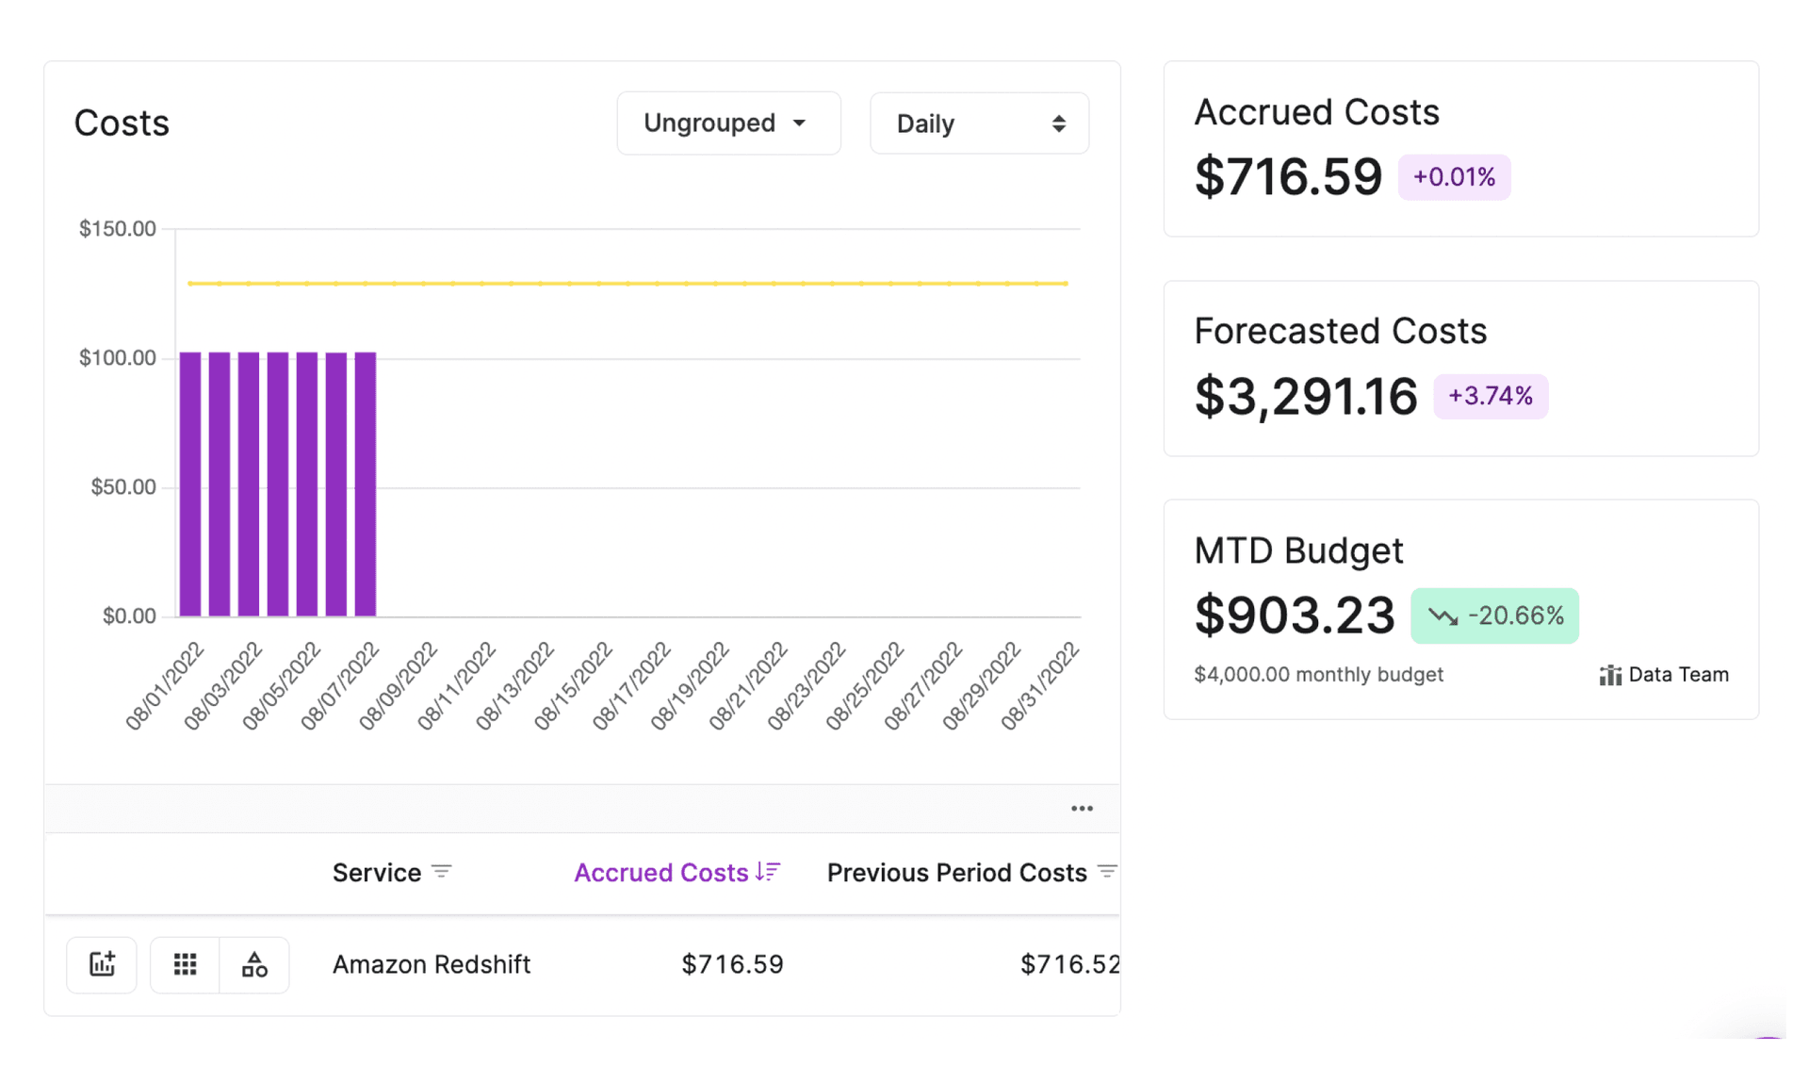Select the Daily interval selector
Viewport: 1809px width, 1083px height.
click(x=979, y=123)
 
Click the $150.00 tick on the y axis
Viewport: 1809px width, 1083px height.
click(x=118, y=229)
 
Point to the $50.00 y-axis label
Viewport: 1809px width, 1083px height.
click(x=123, y=487)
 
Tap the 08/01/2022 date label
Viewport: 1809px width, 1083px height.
click(x=166, y=684)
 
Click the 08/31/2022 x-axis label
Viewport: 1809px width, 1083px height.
click(x=1040, y=684)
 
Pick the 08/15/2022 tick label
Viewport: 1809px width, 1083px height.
click(x=574, y=684)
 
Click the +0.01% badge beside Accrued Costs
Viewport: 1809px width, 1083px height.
click(x=1454, y=177)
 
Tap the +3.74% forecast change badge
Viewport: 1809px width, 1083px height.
click(x=1490, y=396)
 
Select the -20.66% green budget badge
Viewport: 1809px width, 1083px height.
click(x=1494, y=616)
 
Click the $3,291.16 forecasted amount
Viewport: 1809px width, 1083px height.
click(x=1306, y=396)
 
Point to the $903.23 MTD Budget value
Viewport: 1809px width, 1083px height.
click(x=1295, y=616)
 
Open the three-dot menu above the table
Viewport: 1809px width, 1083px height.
click(x=1082, y=809)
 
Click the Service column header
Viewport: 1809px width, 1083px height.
click(x=377, y=873)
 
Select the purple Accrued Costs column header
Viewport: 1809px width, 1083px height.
click(x=661, y=873)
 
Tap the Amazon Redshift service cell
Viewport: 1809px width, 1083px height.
click(x=432, y=964)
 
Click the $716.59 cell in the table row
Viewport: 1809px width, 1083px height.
click(x=732, y=964)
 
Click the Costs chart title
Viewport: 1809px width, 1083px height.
click(x=122, y=123)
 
